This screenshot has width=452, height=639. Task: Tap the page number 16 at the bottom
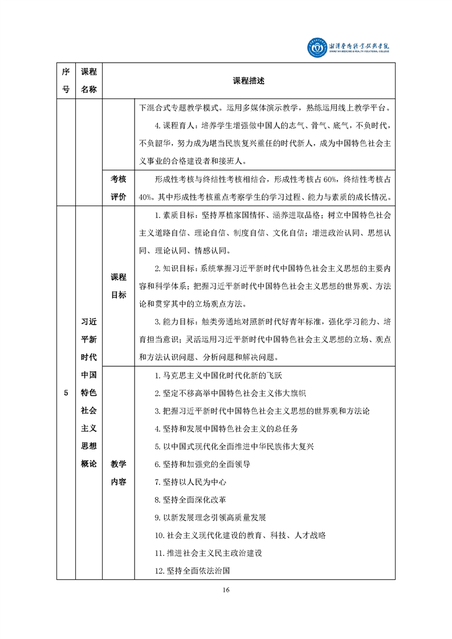coord(226,590)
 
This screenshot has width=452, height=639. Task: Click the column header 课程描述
coord(249,81)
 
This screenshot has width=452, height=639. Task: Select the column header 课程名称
coord(89,81)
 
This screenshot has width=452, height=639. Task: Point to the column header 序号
coord(66,81)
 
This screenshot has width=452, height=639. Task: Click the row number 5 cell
coord(66,393)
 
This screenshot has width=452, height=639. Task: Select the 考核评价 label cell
coord(119,188)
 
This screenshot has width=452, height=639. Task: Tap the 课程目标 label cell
coord(119,286)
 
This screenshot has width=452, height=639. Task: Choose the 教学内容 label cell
coord(119,473)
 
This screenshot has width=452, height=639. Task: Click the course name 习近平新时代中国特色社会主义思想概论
coord(89,393)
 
